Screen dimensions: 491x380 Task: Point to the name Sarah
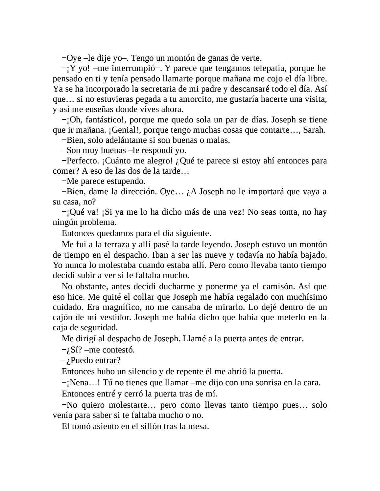(x=313, y=130)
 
